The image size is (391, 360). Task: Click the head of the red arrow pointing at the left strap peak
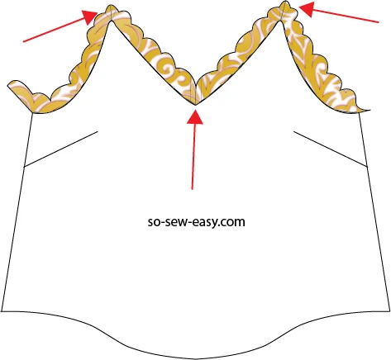click(x=90, y=17)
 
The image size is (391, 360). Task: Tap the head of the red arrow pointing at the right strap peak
click(x=307, y=9)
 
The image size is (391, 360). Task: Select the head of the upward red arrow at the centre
click(x=195, y=117)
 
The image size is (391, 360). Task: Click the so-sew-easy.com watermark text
click(x=196, y=221)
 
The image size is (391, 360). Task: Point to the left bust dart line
click(x=61, y=149)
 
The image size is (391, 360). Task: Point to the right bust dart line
click(x=331, y=149)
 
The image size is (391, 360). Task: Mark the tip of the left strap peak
click(x=110, y=5)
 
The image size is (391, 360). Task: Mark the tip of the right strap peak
click(x=284, y=2)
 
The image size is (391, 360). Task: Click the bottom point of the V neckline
click(x=195, y=105)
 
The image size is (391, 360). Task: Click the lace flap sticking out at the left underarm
click(x=20, y=93)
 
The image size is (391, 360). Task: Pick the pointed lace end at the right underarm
click(x=363, y=110)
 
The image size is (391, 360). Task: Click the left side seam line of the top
click(x=17, y=212)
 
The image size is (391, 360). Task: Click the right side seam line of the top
click(x=374, y=212)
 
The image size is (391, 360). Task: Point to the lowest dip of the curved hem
click(x=195, y=359)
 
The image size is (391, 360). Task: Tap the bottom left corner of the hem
click(x=2, y=311)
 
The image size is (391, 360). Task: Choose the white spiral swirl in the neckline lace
click(x=168, y=67)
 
